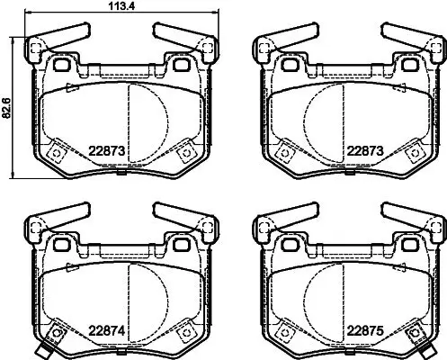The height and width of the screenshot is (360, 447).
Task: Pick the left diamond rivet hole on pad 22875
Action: tap(283, 337)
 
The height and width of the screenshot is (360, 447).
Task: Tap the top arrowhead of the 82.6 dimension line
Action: tap(13, 40)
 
